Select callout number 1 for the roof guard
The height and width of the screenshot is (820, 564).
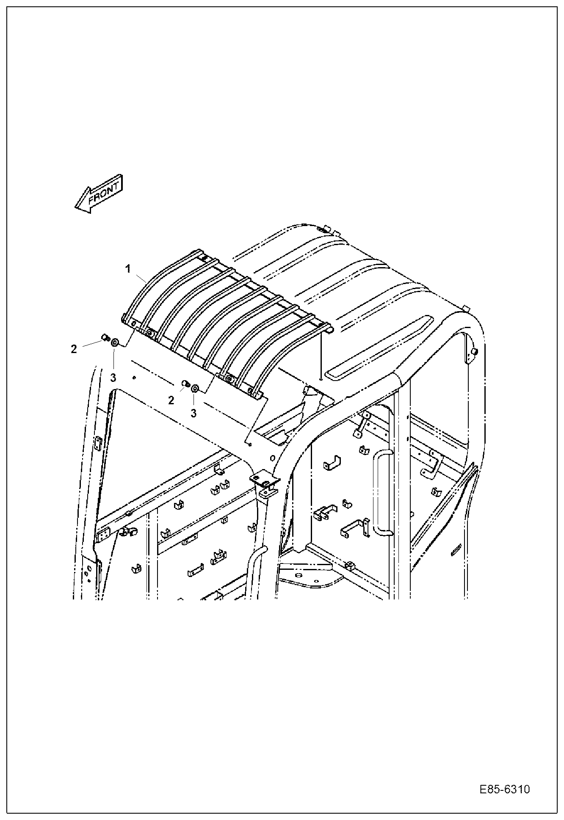coord(128,268)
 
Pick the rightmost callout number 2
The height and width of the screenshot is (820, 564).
coord(171,400)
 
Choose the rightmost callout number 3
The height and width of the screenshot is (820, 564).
coord(194,413)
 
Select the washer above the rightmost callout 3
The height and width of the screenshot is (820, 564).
coord(195,388)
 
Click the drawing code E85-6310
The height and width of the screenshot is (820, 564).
coord(505,790)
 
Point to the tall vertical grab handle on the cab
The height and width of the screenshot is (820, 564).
coord(382,493)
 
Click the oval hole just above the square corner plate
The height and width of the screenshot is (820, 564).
coord(272,458)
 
